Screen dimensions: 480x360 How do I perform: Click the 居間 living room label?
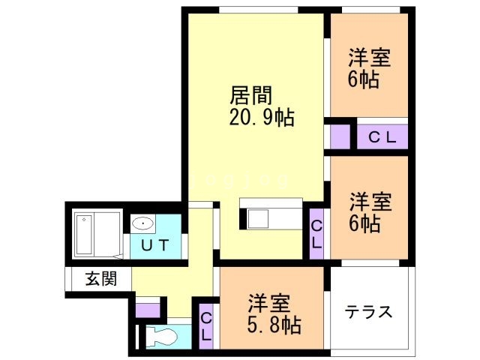pyautogui.click(x=251, y=95)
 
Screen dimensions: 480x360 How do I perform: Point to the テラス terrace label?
pyautogui.click(x=368, y=312)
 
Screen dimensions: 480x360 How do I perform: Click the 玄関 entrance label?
pyautogui.click(x=101, y=278)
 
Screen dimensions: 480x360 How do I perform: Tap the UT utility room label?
pyautogui.click(x=155, y=245)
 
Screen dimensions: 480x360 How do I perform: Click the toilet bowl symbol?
pyautogui.click(x=162, y=337)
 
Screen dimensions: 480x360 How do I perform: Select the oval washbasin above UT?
pyautogui.click(x=142, y=223)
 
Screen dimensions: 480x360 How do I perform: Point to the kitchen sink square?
pyautogui.click(x=258, y=218)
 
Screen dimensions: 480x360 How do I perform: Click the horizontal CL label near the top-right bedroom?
pyautogui.click(x=382, y=137)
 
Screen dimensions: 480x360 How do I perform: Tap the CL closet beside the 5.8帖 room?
pyautogui.click(x=206, y=326)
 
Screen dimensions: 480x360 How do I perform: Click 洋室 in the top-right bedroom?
pyautogui.click(x=370, y=58)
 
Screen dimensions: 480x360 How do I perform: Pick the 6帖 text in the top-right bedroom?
pyautogui.click(x=363, y=79)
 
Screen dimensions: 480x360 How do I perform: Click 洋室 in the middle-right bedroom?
pyautogui.click(x=370, y=202)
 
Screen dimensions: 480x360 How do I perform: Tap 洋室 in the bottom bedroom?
pyautogui.click(x=269, y=303)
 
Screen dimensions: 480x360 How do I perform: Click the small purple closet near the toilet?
pyautogui.click(x=148, y=310)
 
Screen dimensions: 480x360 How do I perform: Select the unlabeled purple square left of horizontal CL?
pyautogui.click(x=340, y=136)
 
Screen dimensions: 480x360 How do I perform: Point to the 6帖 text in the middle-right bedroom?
pyautogui.click(x=364, y=223)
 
